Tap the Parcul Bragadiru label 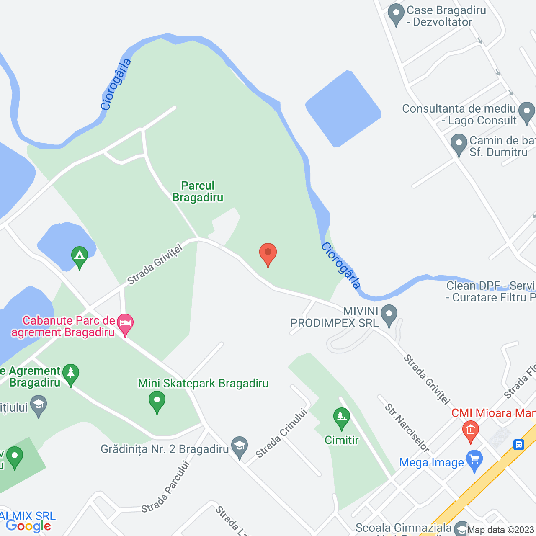click(198, 191)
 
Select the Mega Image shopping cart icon click(474, 461)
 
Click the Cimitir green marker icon click(342, 418)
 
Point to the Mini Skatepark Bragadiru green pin click(157, 401)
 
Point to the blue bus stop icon click(518, 444)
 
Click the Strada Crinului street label click(281, 433)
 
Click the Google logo click(28, 526)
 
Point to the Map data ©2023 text click(500, 530)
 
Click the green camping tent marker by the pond click(79, 256)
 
